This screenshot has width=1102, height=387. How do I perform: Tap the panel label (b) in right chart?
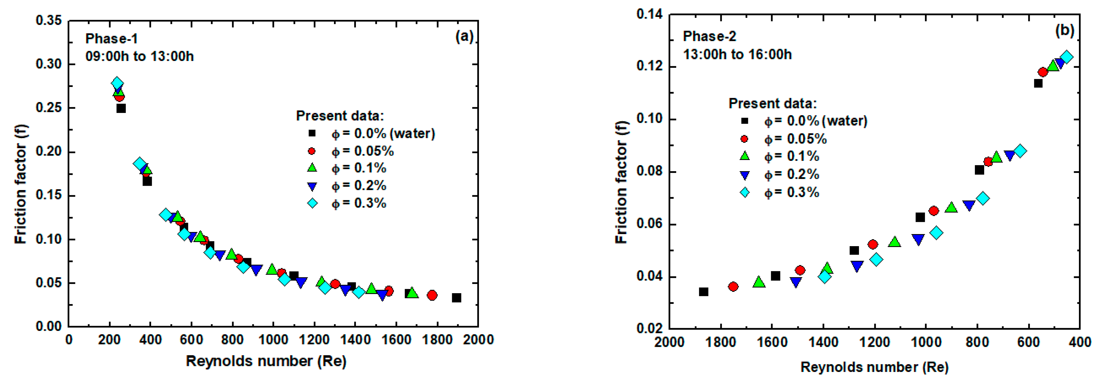click(1064, 30)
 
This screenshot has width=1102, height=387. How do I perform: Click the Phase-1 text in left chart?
click(112, 39)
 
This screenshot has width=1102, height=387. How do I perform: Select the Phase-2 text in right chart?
click(710, 37)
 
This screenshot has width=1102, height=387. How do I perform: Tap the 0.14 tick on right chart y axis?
click(649, 14)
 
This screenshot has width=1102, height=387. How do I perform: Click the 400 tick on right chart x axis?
click(1079, 342)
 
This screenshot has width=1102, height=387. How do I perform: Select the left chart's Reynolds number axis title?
click(266, 361)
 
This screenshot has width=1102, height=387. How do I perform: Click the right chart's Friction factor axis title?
click(621, 183)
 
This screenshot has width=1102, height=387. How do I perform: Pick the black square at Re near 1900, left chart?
click(456, 298)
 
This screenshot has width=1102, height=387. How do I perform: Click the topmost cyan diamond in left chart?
click(117, 83)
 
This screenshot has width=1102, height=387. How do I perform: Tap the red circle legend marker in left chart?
click(312, 151)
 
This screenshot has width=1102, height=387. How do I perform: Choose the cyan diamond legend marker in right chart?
click(745, 193)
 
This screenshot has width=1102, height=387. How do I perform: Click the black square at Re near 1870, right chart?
click(703, 292)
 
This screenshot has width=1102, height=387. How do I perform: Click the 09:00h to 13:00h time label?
click(139, 56)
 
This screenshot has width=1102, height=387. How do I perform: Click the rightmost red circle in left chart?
click(432, 295)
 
